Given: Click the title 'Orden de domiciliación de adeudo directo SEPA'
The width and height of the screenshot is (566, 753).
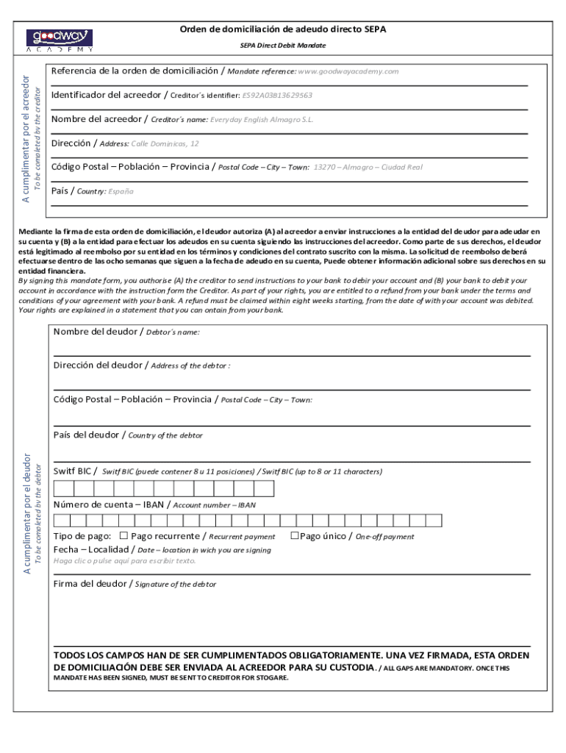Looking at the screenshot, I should pyautogui.click(x=283, y=29).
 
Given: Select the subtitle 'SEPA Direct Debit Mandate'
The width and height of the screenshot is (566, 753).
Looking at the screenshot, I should pyautogui.click(x=283, y=46).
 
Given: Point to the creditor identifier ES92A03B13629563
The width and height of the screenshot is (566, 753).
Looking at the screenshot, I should pyautogui.click(x=277, y=96).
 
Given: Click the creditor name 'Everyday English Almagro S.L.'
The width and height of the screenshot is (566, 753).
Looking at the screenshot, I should pyautogui.click(x=262, y=119).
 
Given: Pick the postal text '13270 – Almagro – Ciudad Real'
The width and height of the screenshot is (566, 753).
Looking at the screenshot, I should pyautogui.click(x=368, y=167).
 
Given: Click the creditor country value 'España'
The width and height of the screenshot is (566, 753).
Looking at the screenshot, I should pyautogui.click(x=121, y=191).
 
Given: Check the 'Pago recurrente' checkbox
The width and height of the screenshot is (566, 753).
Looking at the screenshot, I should pyautogui.click(x=123, y=536).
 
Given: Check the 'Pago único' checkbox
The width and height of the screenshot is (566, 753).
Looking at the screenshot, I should pyautogui.click(x=293, y=536).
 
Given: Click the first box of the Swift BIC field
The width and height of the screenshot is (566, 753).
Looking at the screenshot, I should pyautogui.click(x=63, y=488).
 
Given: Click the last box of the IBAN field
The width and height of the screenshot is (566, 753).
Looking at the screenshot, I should pyautogui.click(x=434, y=521).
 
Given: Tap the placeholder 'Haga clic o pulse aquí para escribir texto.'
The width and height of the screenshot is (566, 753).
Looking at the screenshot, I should pyautogui.click(x=125, y=561).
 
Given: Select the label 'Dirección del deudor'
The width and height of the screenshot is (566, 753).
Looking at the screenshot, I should pyautogui.click(x=98, y=365).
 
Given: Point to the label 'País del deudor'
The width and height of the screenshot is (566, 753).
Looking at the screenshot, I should pyautogui.click(x=87, y=435).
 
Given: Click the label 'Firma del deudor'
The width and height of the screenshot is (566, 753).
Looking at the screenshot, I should pyautogui.click(x=90, y=584).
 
